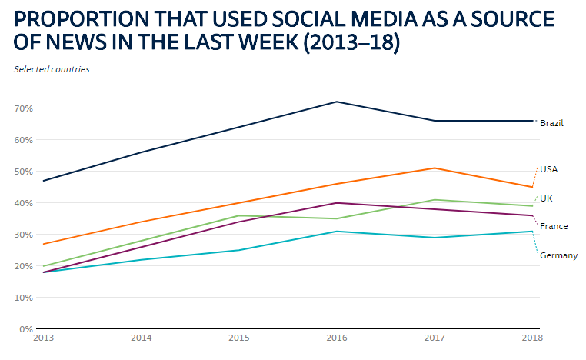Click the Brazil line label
552,123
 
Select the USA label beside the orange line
548,169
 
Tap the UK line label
546,198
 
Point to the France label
554,226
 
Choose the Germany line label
558,255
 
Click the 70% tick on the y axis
22,108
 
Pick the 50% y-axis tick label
22,172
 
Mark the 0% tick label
25,329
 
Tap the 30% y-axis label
22,235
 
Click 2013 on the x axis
44,337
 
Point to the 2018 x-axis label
531,337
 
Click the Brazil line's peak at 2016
336,102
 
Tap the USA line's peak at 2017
435,168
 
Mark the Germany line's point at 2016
336,232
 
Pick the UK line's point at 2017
435,200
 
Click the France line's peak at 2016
336,203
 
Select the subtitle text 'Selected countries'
52,69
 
